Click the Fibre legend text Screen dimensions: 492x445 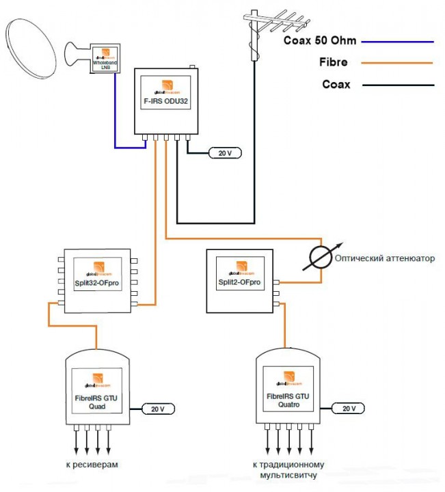pos(333,62)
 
